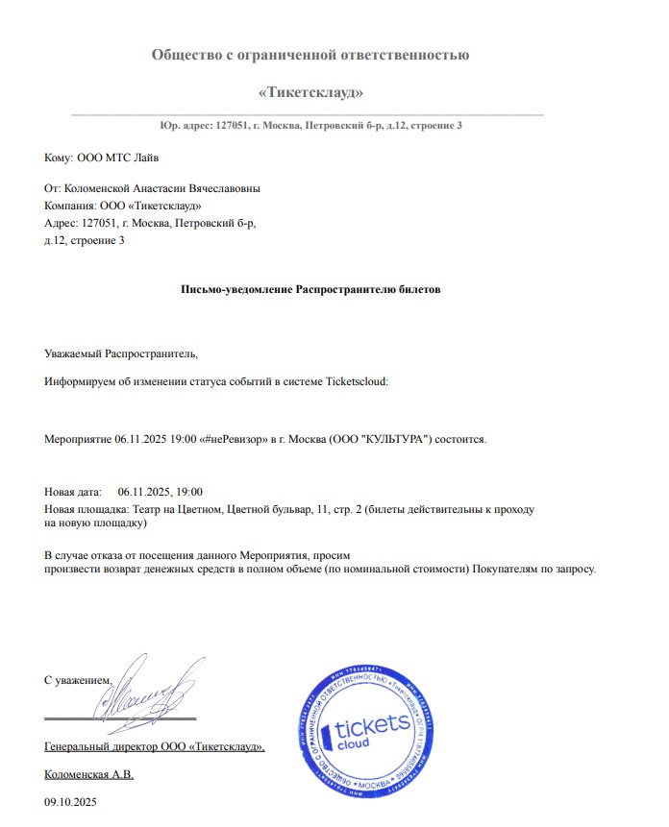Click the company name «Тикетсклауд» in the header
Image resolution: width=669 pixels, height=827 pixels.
click(x=310, y=92)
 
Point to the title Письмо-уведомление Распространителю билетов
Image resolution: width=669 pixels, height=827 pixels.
click(x=310, y=289)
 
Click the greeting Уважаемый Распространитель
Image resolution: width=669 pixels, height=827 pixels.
click(x=121, y=353)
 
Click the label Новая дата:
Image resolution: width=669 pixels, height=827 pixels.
click(x=73, y=491)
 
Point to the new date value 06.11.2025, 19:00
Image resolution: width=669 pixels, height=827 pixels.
click(x=161, y=491)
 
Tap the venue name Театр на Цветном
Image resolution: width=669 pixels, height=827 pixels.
click(x=177, y=508)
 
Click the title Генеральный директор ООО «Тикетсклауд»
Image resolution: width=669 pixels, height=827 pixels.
click(x=154, y=746)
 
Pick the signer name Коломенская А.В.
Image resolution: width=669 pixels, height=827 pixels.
click(x=89, y=773)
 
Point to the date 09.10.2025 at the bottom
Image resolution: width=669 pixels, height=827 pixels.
click(x=71, y=800)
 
